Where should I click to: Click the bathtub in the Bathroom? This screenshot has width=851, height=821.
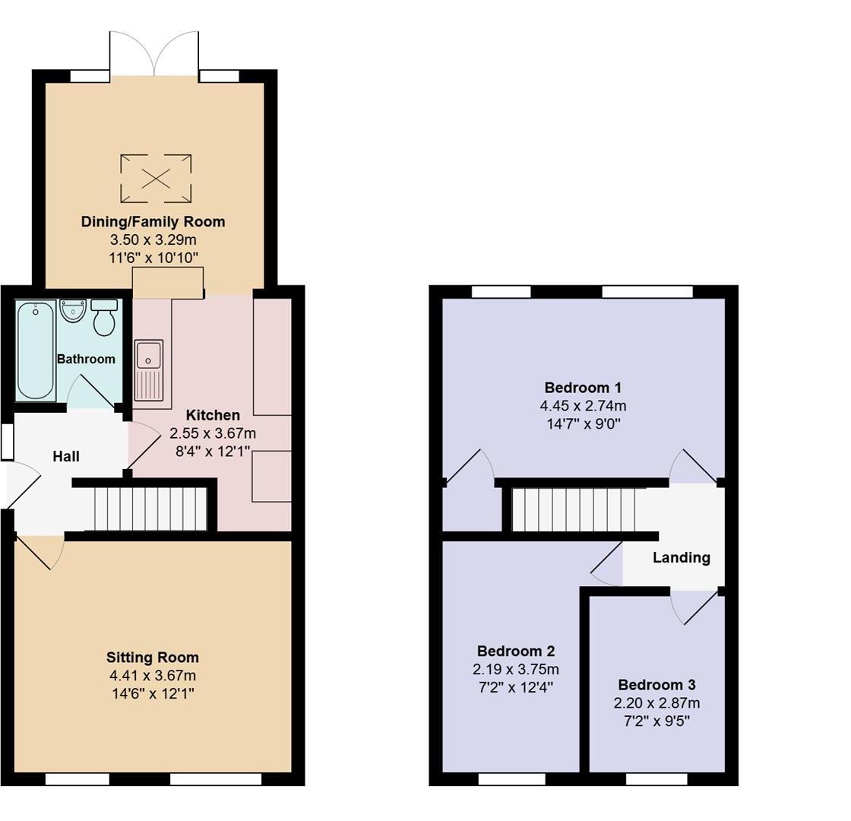coord(36,350)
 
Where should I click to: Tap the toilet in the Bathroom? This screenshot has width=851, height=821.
coord(103,318)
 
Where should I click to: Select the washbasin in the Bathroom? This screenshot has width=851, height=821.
coord(73,311)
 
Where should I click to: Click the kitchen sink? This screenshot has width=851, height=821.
coord(148,369)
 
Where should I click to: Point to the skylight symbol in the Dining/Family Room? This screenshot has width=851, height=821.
coord(156,179)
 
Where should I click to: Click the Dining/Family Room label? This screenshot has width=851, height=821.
coord(153,222)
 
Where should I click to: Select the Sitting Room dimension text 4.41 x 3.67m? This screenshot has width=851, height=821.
coord(153,676)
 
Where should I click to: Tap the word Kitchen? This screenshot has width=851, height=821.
coord(213,415)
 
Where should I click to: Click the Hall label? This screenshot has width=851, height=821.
coord(66,456)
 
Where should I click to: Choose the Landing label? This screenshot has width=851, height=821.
coord(682,557)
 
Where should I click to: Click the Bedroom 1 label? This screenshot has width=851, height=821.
coord(583,387)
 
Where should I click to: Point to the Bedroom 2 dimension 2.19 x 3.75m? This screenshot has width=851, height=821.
coord(516,670)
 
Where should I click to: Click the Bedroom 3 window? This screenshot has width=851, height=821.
coord(656,778)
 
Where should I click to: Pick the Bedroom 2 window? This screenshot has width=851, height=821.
coord(511,778)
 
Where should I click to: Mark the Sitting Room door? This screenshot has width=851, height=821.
coord(40,550)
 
